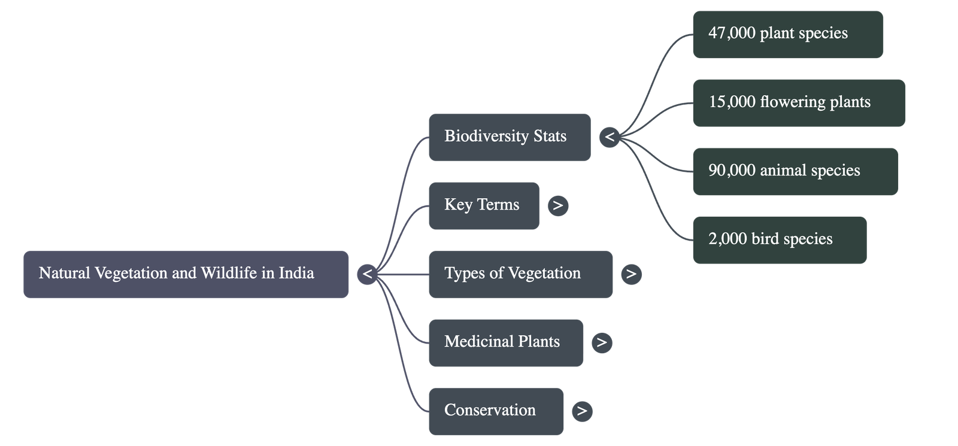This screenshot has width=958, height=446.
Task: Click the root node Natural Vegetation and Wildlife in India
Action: pyautogui.click(x=186, y=274)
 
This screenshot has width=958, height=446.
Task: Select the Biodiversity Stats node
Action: pyautogui.click(x=509, y=137)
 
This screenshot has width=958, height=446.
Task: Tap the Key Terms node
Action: pyautogui.click(x=483, y=205)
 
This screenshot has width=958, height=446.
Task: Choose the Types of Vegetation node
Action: pyautogui.click(x=520, y=274)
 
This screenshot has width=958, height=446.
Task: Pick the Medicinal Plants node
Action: pyautogui.click(x=505, y=342)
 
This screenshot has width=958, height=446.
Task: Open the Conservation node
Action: pyautogui.click(x=496, y=411)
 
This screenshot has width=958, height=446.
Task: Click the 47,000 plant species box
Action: pyautogui.click(x=787, y=34)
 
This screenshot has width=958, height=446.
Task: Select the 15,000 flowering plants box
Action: pyautogui.click(x=799, y=102)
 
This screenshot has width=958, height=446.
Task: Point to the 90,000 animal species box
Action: pyautogui.click(x=795, y=171)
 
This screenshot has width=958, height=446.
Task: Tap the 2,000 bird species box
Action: pyautogui.click(x=779, y=239)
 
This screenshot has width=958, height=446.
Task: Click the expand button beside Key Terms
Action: pyautogui.click(x=558, y=205)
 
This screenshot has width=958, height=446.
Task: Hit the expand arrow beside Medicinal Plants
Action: pyautogui.click(x=602, y=342)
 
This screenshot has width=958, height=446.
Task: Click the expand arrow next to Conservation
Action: pyautogui.click(x=582, y=411)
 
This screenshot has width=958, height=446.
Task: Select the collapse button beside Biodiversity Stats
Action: pyautogui.click(x=610, y=137)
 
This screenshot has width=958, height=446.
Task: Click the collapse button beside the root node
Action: pyautogui.click(x=368, y=274)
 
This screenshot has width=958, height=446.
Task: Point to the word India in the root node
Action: pyautogui.click(x=296, y=273)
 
